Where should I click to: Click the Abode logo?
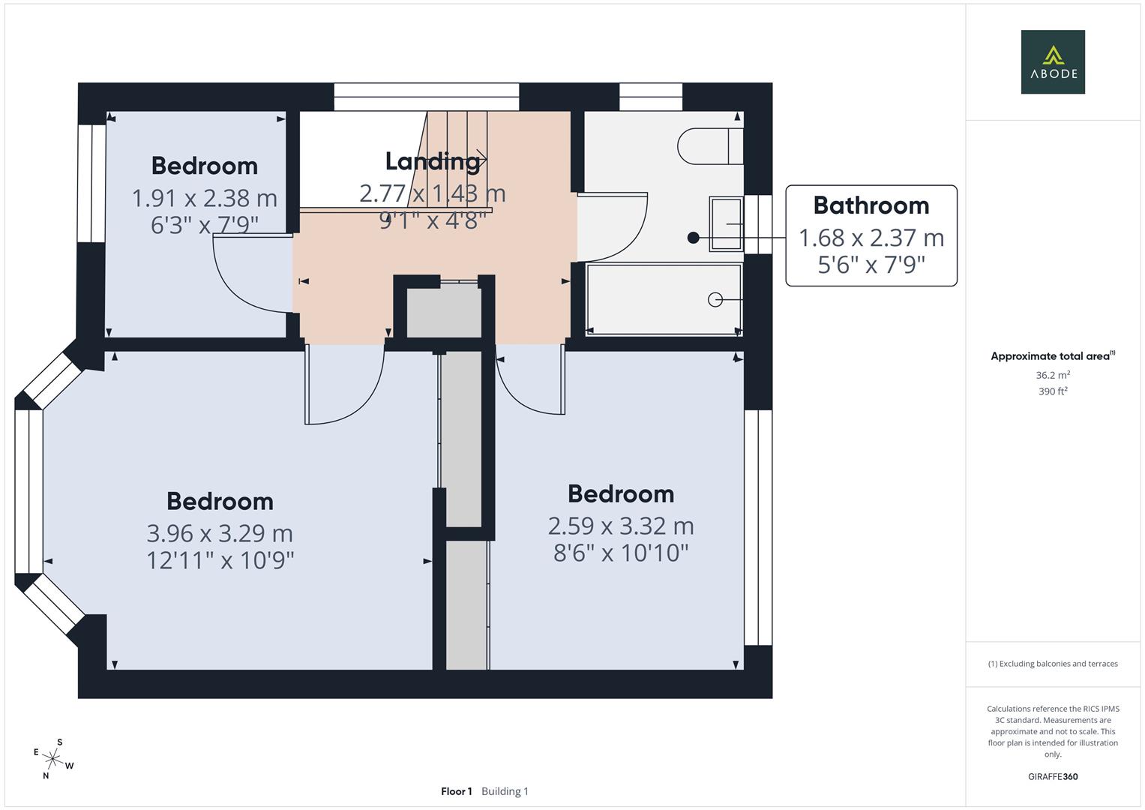coord(1053,61)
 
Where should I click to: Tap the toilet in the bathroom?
coord(710,146)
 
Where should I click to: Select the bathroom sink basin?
coord(726,224)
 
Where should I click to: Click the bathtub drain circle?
coord(715,300)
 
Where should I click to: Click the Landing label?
coord(433,161)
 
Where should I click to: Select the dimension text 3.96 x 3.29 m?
coord(220,533)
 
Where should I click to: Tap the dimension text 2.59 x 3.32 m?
coord(621,526)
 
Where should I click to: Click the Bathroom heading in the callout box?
coord(871,205)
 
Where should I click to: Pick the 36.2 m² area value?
coord(1053,375)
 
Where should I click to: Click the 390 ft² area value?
coord(1053,391)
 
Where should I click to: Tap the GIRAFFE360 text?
coord(1053,776)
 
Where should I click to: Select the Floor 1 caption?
coord(457,791)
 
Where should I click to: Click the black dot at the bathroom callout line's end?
coord(693,238)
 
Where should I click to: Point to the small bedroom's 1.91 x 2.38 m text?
coord(205,198)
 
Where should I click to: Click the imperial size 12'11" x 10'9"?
coord(220,560)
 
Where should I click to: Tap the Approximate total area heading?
coord(1053,355)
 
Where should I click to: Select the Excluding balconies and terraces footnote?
coord(1053,664)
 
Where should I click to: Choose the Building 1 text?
coord(505,791)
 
